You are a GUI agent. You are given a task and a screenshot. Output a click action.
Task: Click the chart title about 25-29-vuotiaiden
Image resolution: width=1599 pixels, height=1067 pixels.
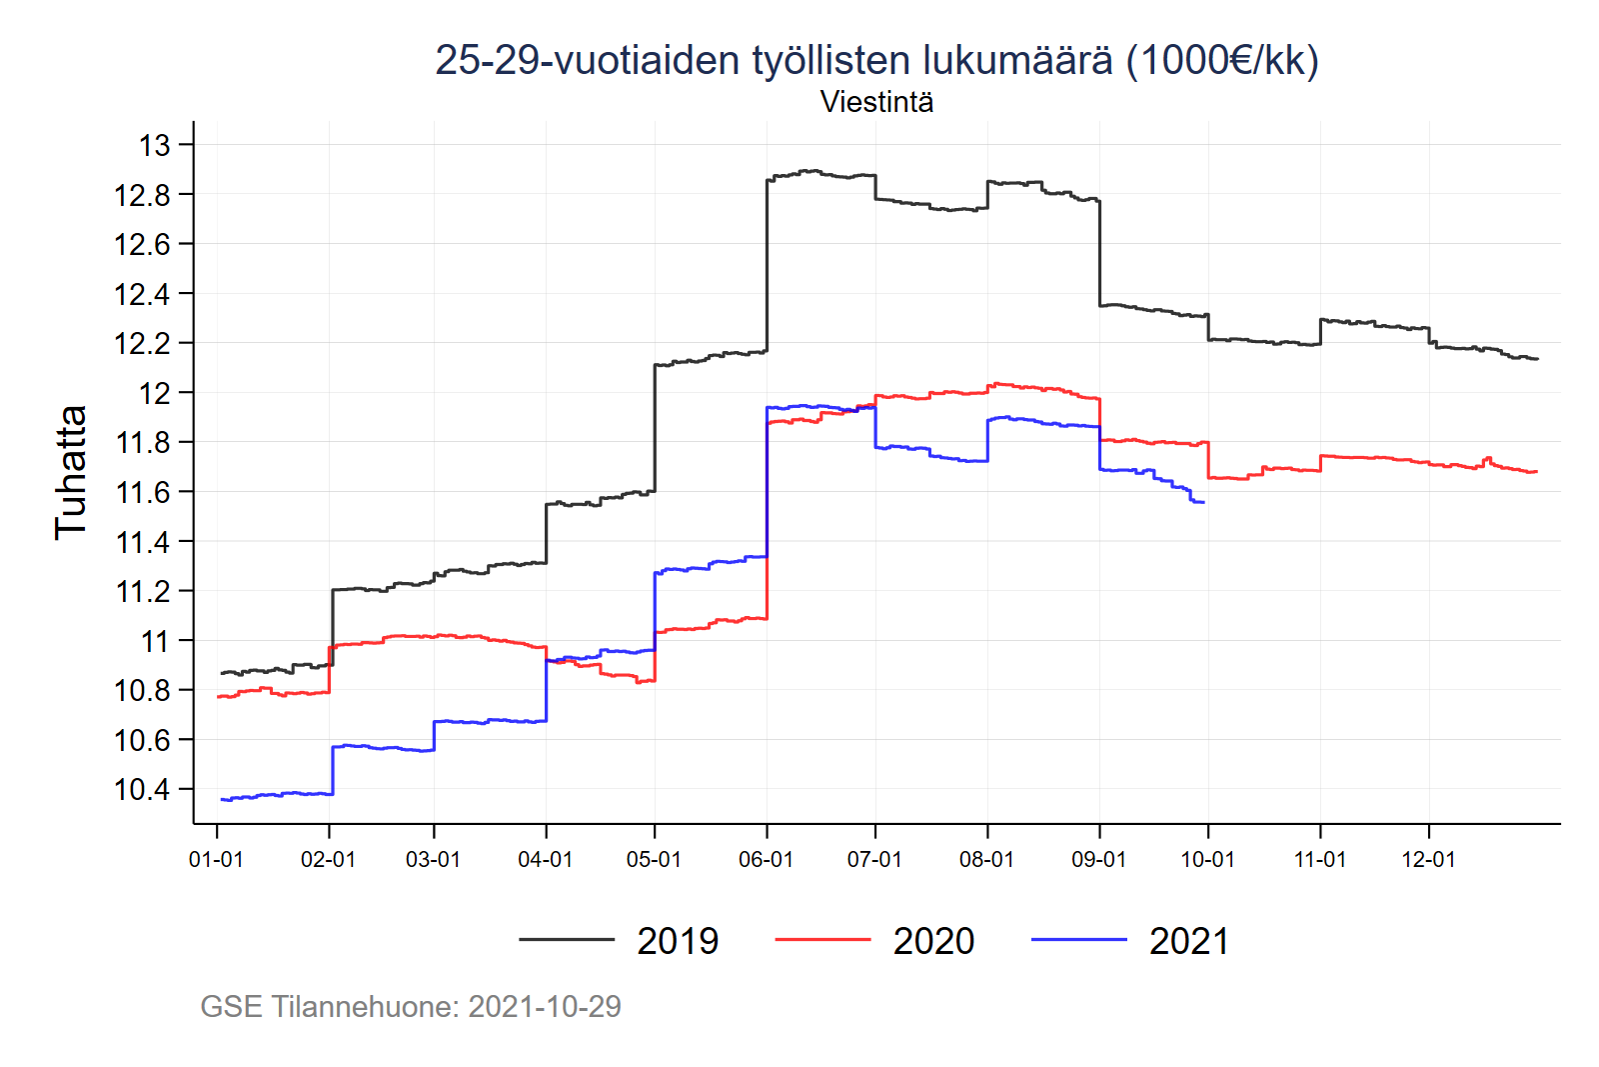click(876, 60)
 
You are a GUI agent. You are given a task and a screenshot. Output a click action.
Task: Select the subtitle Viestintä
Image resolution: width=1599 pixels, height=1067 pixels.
click(876, 102)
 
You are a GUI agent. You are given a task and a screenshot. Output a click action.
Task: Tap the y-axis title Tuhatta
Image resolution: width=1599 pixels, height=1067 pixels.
click(71, 473)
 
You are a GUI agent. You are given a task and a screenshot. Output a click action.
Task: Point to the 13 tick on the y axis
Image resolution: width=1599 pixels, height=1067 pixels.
click(155, 146)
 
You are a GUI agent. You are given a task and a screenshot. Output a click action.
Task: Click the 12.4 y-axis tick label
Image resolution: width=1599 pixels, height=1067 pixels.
click(143, 295)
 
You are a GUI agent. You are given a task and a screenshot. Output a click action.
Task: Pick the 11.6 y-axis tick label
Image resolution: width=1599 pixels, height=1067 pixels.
click(143, 492)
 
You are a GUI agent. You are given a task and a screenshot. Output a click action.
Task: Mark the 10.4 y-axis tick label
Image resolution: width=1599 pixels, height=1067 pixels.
click(143, 790)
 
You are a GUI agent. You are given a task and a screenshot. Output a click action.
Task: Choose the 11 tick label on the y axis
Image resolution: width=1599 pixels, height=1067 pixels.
click(155, 641)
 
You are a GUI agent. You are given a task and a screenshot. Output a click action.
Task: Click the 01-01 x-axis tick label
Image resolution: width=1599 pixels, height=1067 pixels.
click(216, 860)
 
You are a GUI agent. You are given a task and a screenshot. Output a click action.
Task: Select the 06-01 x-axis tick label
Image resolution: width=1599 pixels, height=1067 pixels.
click(766, 860)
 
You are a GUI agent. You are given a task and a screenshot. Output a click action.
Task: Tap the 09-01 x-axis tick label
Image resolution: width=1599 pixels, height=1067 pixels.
click(1098, 860)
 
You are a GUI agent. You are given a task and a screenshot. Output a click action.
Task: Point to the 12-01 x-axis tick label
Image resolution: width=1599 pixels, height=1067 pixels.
click(1428, 860)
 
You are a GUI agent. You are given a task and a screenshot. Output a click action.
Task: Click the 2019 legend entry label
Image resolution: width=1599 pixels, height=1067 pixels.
click(678, 941)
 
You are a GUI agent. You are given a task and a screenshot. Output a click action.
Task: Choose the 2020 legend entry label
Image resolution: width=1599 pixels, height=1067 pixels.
click(933, 941)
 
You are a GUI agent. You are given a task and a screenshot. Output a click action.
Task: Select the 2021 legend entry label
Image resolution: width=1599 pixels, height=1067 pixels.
click(1189, 941)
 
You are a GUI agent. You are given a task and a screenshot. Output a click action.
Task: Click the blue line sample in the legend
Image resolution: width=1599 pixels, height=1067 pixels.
click(1078, 940)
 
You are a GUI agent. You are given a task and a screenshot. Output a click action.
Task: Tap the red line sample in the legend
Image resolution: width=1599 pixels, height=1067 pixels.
click(822, 940)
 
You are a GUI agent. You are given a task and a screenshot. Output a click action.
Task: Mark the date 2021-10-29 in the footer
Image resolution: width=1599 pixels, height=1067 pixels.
click(545, 1006)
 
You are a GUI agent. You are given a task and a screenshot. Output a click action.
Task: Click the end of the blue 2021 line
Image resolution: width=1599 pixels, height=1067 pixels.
click(1204, 502)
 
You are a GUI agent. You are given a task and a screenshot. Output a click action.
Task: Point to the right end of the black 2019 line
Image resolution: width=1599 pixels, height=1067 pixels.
click(1537, 358)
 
